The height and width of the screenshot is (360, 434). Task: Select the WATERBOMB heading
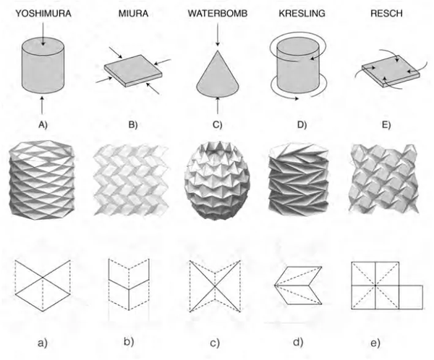click(216, 12)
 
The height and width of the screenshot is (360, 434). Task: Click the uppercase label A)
click(45, 124)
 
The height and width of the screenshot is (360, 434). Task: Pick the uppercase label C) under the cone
click(216, 124)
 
